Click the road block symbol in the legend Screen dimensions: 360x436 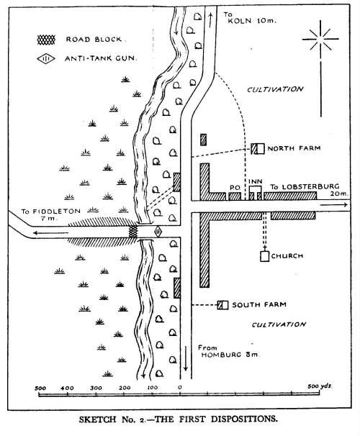coord(46,40)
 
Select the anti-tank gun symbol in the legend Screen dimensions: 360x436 coord(46,59)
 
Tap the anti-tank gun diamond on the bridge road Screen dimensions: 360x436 coord(158,232)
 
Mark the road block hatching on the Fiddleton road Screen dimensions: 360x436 coord(133,232)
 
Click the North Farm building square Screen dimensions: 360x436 coord(257,148)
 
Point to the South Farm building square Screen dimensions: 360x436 coord(223,305)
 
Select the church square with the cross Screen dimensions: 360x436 coord(264,255)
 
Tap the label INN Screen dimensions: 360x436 coord(256,181)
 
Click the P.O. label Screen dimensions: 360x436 coord(235,188)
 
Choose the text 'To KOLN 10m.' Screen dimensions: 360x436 coord(250,18)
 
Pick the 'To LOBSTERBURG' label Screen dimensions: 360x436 coord(305,187)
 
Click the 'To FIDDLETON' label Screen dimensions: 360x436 coord(50,212)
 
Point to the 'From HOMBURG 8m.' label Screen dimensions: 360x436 coord(229,351)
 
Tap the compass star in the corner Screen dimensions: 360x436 coord(320,40)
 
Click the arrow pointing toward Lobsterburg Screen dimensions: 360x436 coord(334,205)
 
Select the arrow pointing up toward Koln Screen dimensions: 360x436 coord(210,19)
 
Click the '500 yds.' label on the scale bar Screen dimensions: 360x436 coord(320,386)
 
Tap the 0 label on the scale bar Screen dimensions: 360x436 coord(180,387)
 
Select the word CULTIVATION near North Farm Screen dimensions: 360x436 coord(275,89)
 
